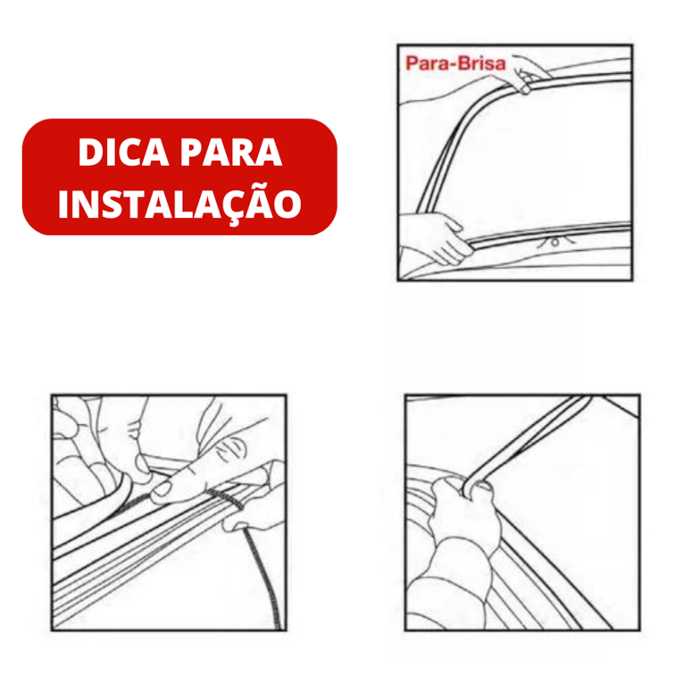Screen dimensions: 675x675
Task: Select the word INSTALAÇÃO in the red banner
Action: point(179,203)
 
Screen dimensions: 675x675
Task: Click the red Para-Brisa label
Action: point(455,64)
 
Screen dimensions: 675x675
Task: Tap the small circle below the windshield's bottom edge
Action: point(556,240)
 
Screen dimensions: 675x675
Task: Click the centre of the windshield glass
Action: point(545,161)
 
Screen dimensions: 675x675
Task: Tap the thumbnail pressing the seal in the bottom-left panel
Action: point(166,488)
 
